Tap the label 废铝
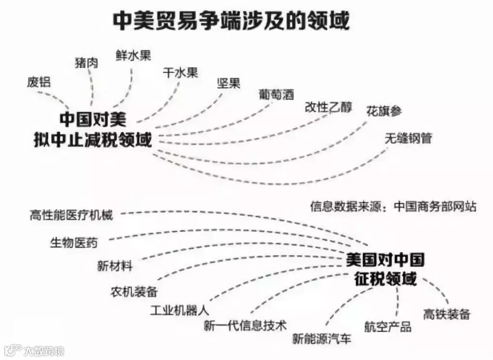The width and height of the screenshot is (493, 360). [39, 82]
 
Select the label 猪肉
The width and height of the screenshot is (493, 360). [86, 62]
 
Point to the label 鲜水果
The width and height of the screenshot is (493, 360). [133, 55]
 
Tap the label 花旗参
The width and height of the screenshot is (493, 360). [384, 111]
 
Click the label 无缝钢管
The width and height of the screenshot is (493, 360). [408, 138]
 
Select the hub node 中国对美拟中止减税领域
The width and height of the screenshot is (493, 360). [92, 129]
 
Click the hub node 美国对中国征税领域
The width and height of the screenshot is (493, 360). [385, 270]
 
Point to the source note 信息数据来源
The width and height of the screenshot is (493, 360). [393, 207]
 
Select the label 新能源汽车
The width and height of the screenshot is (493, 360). [322, 339]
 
